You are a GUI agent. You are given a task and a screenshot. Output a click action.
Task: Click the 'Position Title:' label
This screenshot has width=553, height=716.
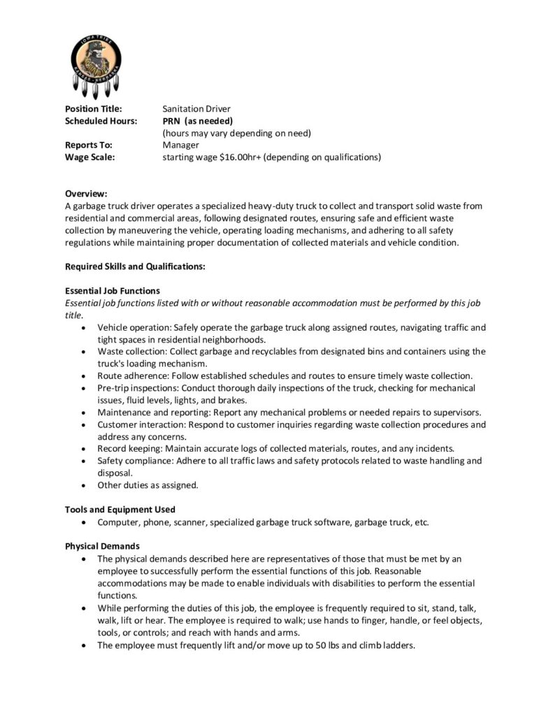94,109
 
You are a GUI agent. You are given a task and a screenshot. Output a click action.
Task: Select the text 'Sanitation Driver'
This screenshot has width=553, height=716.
196,109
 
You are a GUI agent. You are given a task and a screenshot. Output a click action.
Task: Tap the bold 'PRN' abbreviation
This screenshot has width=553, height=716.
172,121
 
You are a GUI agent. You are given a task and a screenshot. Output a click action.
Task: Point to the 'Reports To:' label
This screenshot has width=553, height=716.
88,145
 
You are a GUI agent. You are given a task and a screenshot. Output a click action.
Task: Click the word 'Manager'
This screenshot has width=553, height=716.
181,145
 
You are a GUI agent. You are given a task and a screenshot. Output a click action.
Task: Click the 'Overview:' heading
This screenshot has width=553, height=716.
86,194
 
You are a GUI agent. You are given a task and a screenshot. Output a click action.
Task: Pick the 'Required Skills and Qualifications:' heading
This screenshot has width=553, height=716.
135,266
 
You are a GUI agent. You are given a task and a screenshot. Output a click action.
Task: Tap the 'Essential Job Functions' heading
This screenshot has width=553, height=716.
113,291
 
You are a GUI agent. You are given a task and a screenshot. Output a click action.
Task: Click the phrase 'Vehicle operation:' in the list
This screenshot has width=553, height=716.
133,327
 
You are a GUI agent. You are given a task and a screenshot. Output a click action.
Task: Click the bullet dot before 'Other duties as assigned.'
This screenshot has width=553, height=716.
85,485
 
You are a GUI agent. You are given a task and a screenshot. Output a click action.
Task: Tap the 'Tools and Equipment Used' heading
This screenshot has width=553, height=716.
120,509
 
